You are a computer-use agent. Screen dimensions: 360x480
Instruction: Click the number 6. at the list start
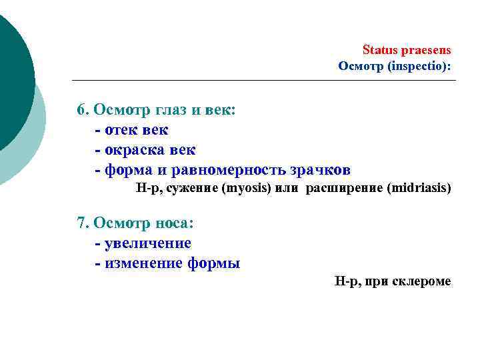click(84, 109)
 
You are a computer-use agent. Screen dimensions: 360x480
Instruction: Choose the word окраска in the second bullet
click(135, 149)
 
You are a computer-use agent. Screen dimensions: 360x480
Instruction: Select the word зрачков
click(323, 169)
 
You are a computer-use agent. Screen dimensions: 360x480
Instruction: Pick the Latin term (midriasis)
click(419, 188)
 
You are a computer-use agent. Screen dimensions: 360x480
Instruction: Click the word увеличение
click(149, 243)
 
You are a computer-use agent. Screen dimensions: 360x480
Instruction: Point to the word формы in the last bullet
click(215, 263)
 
